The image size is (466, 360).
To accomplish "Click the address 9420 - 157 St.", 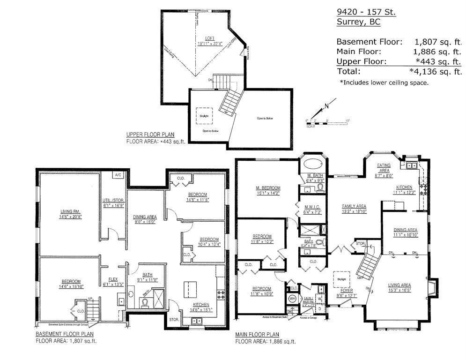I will coord(366,12).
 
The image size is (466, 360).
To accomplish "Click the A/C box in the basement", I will coord(118,175).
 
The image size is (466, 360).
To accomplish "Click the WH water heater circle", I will coord(292,298).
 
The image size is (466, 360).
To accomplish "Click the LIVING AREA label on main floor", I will coord(399,285).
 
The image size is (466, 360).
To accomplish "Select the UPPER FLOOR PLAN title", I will coord(150,135).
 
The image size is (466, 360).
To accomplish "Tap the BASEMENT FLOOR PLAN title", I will coord(65,334).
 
